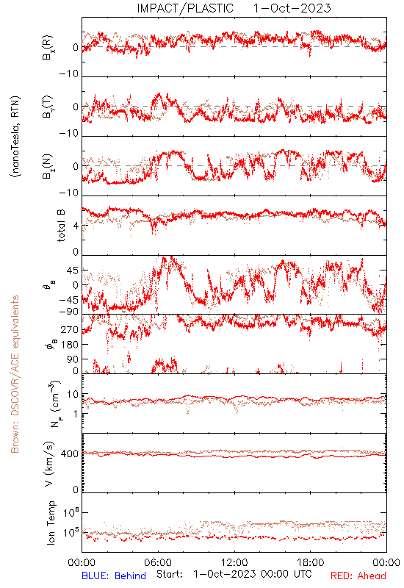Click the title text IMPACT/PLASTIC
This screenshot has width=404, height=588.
185,8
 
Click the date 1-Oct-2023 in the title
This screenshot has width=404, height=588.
292,8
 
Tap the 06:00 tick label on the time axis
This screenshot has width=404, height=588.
158,562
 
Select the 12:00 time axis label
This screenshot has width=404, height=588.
234,562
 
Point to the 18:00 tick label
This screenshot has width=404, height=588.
311,562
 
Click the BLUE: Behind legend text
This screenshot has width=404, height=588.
114,576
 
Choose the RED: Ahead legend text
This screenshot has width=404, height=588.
358,576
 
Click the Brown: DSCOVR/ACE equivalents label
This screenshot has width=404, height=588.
15,374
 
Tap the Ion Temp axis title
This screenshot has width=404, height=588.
51,523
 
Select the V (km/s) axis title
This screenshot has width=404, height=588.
50,464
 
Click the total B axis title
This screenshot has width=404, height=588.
61,226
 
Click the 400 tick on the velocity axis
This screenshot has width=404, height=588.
70,453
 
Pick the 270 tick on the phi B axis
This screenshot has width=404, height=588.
70,329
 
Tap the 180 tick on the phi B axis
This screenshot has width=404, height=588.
70,344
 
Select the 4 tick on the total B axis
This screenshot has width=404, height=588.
76,226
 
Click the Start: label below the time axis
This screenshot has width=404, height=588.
170,574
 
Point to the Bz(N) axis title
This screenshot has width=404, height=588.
48,166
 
